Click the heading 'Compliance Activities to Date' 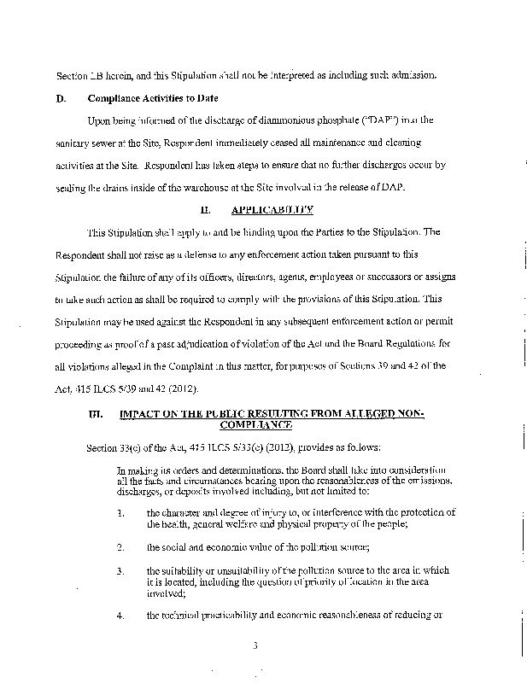(165, 98)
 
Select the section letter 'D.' (61, 98)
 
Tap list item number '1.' (121, 512)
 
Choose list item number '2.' (121, 546)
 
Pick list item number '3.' (121, 569)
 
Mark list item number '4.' (121, 615)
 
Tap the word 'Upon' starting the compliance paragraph (99, 120)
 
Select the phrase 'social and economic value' (203, 546)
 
